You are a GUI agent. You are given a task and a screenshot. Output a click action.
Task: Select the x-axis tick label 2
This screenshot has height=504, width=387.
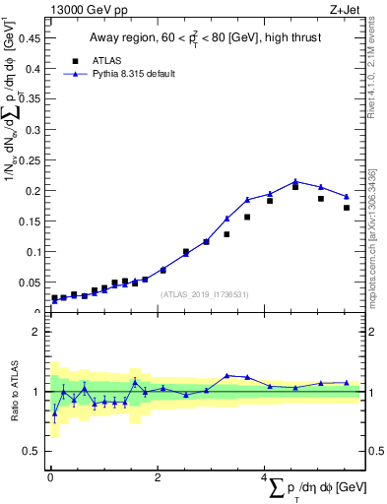158,477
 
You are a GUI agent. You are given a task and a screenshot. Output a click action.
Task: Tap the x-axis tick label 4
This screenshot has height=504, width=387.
264,477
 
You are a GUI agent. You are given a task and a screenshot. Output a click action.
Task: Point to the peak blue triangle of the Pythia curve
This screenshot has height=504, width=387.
295,182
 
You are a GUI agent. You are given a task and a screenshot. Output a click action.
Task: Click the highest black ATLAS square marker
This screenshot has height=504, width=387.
295,187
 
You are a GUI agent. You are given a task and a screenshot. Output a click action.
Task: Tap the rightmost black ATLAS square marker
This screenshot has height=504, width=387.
347,208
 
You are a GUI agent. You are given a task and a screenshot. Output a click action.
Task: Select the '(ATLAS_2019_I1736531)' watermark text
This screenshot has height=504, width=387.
205,293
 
